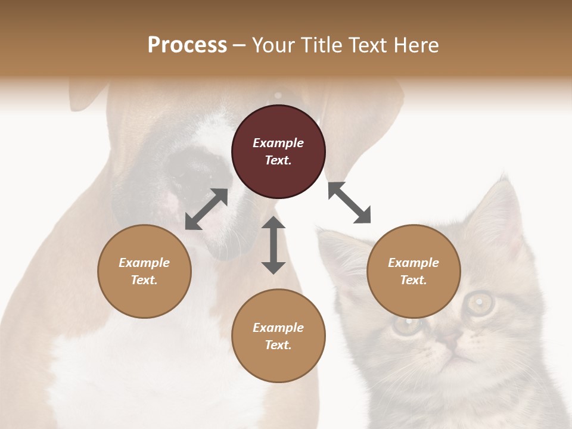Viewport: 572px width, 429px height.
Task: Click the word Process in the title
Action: (x=187, y=45)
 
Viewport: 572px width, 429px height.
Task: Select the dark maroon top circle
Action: (x=278, y=151)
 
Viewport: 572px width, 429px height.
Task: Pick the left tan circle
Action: (x=144, y=271)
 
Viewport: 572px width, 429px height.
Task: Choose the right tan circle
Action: (x=414, y=271)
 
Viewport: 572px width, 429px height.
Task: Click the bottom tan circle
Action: (x=278, y=336)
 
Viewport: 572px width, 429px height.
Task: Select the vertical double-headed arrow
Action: (x=273, y=245)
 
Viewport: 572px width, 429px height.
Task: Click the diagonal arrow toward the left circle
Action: (x=206, y=209)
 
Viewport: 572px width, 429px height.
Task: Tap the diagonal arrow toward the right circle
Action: (x=349, y=203)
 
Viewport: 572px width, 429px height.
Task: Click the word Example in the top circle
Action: (x=278, y=143)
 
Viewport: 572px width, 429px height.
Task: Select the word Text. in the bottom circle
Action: (x=278, y=345)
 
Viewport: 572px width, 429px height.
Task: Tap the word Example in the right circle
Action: (x=414, y=263)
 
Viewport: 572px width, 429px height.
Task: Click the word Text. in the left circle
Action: (x=144, y=280)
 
